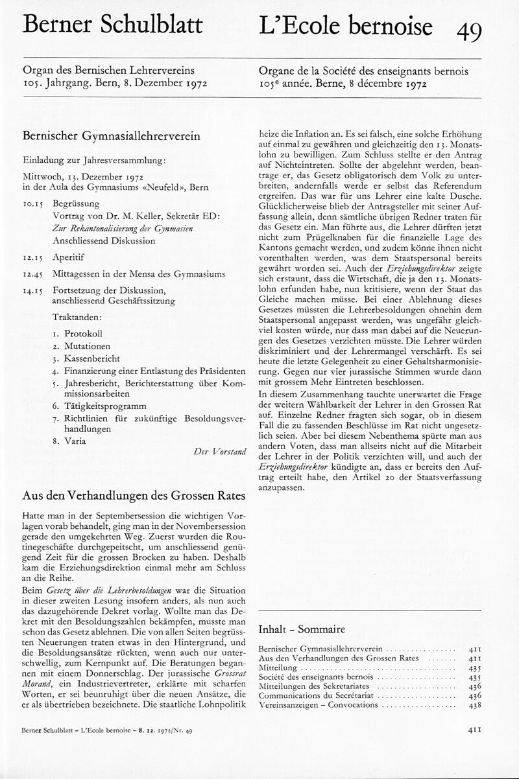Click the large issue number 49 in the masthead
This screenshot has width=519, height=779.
coord(468,30)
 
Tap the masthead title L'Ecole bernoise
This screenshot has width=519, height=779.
coord(345,26)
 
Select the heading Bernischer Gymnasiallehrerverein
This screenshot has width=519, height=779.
coord(111,137)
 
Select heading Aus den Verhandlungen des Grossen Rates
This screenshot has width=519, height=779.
coord(134,496)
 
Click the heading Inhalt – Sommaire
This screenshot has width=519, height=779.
coord(302,629)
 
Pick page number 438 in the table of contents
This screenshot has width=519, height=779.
coord(474,705)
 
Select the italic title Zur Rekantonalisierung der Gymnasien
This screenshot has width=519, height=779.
coord(128,228)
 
